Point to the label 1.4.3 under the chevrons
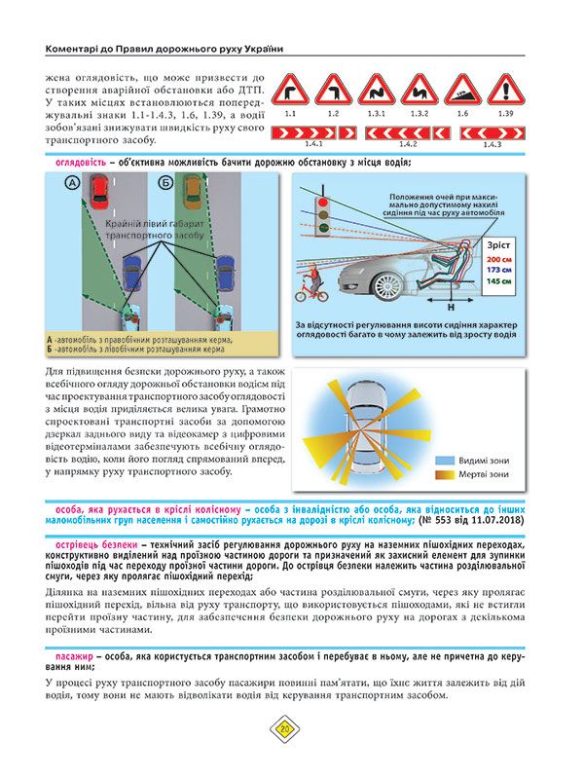(x=493, y=145)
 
